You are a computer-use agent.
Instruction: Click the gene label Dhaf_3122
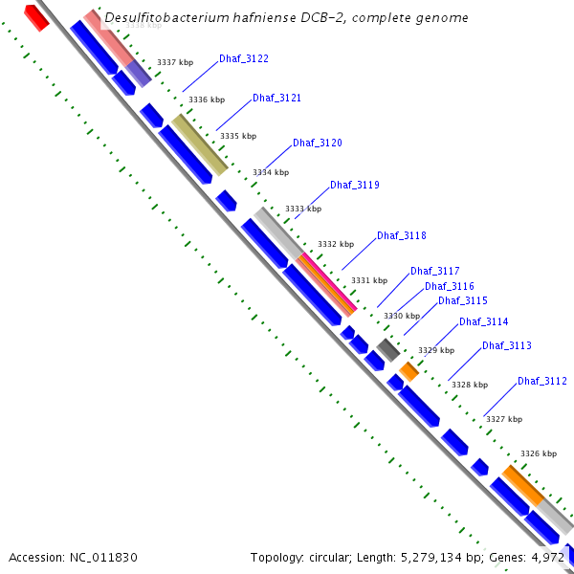(244, 59)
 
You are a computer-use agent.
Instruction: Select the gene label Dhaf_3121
(277, 99)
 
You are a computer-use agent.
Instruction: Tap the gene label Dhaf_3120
(318, 143)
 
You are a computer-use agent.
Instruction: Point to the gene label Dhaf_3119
(355, 185)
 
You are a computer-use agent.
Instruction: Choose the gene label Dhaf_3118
(402, 235)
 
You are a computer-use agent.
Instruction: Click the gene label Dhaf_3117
(435, 271)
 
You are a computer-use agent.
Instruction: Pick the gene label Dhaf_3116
(450, 286)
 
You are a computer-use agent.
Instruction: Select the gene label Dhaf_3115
(463, 300)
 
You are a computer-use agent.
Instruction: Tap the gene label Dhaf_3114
(484, 322)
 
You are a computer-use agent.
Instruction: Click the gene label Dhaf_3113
(507, 346)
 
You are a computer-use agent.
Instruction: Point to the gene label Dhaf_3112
(542, 381)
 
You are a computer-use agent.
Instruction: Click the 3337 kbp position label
(175, 62)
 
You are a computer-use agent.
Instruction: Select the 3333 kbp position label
(303, 209)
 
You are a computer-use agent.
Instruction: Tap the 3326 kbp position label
(539, 453)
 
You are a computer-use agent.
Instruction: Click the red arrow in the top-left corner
(36, 16)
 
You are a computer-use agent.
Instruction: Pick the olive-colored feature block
(200, 144)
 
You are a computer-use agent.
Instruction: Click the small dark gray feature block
(387, 349)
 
